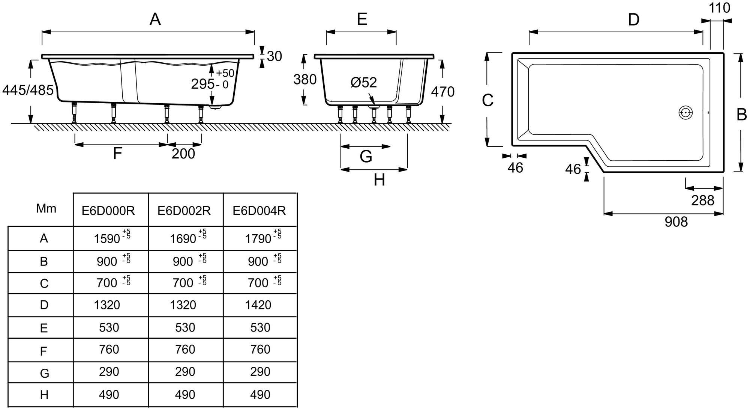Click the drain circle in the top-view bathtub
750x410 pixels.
[x=685, y=112]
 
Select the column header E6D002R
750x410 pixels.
[x=184, y=211]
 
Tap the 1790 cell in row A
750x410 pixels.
[x=258, y=238]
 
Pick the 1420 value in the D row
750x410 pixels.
[x=258, y=304]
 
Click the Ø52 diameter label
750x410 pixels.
[x=363, y=82]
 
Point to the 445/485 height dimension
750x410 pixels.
[x=28, y=90]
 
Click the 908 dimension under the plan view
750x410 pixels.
[x=676, y=222]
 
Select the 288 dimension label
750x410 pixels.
[x=703, y=200]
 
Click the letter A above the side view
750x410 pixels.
[x=155, y=19]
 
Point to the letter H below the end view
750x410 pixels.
[x=379, y=180]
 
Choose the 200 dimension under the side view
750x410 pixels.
[x=183, y=154]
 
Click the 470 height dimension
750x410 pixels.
[x=442, y=92]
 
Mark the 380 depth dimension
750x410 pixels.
[x=305, y=79]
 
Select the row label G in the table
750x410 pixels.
[x=44, y=373]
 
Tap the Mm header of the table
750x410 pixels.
[x=46, y=209]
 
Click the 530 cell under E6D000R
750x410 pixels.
[x=109, y=327]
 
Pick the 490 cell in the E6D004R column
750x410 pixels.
[x=260, y=395]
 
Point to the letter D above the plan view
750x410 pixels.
[x=633, y=20]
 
